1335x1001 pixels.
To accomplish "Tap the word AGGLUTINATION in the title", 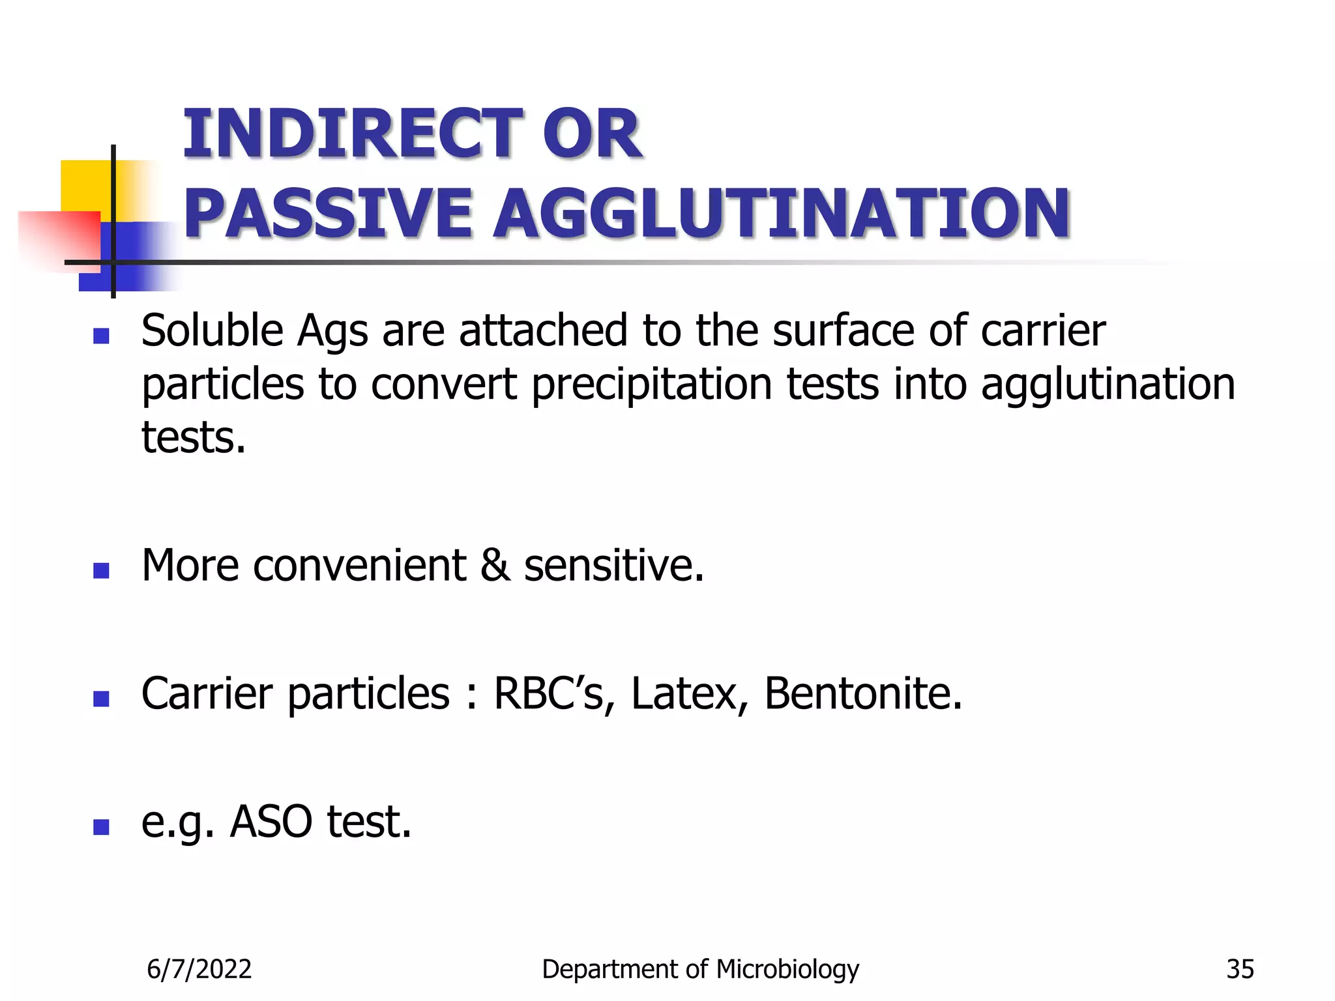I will (x=782, y=213).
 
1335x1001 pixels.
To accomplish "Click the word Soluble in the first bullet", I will (x=212, y=330).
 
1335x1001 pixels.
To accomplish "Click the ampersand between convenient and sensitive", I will (x=495, y=565).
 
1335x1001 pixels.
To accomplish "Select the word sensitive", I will (x=613, y=565).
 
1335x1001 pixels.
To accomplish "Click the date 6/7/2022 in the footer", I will (x=199, y=969).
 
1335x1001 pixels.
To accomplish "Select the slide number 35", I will (x=1240, y=969).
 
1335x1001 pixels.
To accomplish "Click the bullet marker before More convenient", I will (x=101, y=571).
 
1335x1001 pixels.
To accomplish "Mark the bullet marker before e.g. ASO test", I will (x=101, y=827).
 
